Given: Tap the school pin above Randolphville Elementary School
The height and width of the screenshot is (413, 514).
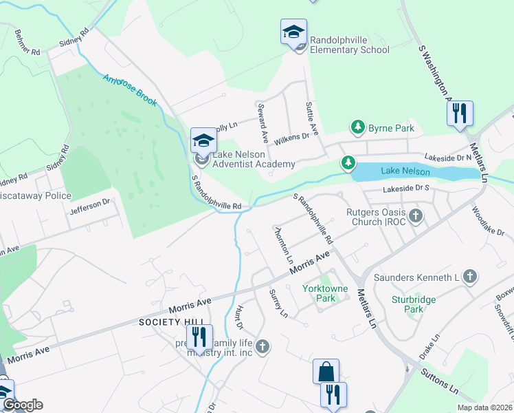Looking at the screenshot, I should [293, 32].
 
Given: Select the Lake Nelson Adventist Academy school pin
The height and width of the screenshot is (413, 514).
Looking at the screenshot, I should [203, 142].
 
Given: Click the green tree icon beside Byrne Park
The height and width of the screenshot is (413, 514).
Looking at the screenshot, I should [357, 127].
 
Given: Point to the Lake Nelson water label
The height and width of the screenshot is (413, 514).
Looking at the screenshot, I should [405, 171].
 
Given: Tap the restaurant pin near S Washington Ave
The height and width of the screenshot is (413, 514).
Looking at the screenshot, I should [460, 114].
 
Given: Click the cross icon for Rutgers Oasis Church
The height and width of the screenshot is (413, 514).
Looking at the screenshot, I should [415, 217].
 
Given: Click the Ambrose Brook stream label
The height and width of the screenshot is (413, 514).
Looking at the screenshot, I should [130, 89].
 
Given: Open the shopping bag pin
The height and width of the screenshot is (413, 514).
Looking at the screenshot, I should [326, 372].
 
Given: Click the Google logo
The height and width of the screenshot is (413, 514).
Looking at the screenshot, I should [22, 405].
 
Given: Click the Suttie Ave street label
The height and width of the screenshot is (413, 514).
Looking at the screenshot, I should [312, 118].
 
